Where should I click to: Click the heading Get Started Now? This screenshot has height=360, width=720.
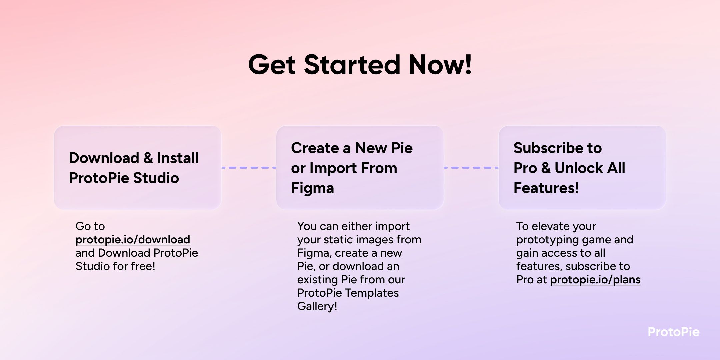click(x=360, y=65)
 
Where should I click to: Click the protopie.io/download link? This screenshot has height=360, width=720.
click(x=133, y=240)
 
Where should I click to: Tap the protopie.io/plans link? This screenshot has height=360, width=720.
click(x=595, y=280)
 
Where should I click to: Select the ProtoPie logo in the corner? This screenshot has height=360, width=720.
click(x=673, y=332)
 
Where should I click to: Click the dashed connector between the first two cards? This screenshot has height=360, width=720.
click(x=249, y=168)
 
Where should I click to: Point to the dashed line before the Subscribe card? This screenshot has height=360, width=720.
click(x=471, y=168)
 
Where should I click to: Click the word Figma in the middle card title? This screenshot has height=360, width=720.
click(x=312, y=188)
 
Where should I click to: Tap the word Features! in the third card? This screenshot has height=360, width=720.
click(x=546, y=188)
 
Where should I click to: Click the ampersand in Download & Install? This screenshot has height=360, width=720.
click(x=148, y=158)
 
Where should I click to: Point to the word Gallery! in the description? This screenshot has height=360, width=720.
click(x=317, y=306)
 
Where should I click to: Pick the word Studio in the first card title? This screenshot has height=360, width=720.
click(x=156, y=178)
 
